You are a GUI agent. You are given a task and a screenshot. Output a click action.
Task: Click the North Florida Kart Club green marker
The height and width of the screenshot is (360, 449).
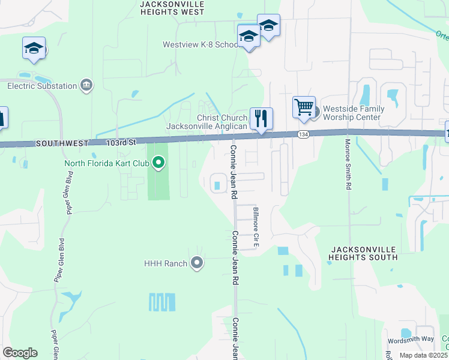[x=159, y=163]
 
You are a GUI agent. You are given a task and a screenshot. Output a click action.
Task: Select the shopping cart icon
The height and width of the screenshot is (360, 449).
[x=304, y=107]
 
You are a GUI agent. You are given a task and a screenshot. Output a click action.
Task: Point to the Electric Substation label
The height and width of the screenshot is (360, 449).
[x=42, y=86]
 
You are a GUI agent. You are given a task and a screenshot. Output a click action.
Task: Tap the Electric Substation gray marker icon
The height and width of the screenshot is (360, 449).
[x=86, y=85]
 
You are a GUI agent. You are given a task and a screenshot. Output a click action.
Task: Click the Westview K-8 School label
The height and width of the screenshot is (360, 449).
[x=200, y=45]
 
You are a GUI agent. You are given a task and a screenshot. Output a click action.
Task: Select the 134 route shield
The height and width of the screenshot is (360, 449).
[x=303, y=135]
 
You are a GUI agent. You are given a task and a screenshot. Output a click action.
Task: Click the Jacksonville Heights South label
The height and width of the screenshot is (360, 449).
[x=363, y=253]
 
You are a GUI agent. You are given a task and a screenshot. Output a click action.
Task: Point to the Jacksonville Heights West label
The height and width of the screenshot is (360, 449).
[x=172, y=7]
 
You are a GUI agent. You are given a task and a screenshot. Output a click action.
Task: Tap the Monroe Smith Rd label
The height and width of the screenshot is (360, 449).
[x=348, y=165]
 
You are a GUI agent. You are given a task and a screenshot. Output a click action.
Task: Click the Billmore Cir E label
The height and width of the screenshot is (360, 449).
[x=256, y=227]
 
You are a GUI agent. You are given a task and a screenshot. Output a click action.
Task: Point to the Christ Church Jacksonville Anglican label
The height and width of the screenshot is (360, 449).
[x=206, y=122]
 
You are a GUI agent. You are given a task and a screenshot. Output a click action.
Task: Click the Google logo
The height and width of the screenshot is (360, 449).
[x=20, y=353]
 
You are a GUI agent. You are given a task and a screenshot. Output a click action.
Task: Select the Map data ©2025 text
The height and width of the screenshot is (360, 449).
[x=423, y=355]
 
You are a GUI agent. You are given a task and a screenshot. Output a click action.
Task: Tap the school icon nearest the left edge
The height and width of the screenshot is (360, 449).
[x=34, y=47]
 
